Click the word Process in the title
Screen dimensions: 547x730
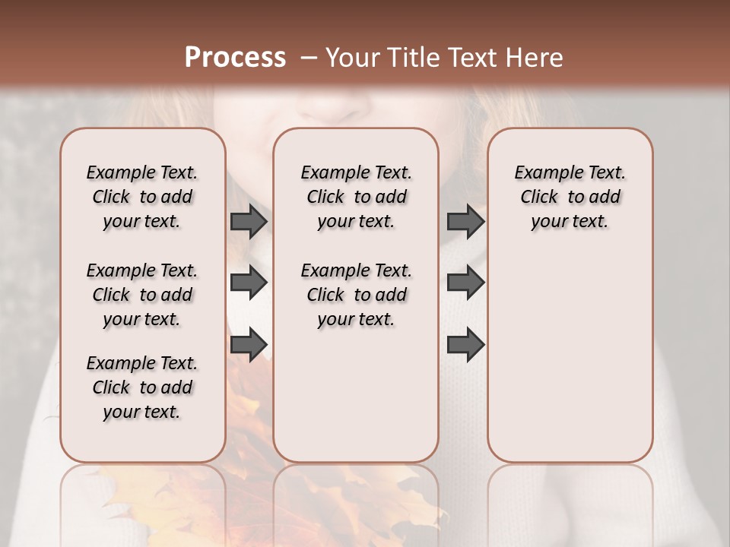pyautogui.click(x=235, y=57)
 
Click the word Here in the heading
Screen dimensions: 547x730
pyautogui.click(x=533, y=57)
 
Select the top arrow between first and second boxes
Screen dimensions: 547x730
pyautogui.click(x=249, y=221)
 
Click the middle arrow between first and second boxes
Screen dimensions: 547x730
pyautogui.click(x=249, y=283)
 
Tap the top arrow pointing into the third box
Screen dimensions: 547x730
pyautogui.click(x=465, y=221)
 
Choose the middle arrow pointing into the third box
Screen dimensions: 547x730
pyautogui.click(x=465, y=283)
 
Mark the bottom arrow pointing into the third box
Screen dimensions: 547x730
pyautogui.click(x=465, y=344)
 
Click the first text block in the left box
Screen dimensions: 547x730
pyautogui.click(x=142, y=197)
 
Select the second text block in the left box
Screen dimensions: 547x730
pyautogui.click(x=142, y=295)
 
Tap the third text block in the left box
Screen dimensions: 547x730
pyautogui.click(x=142, y=387)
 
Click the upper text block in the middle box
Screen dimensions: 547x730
pyautogui.click(x=356, y=197)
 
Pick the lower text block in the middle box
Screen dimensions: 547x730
pyautogui.click(x=356, y=295)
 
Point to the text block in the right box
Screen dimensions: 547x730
pyautogui.click(x=570, y=197)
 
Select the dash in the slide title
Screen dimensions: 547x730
pyautogui.click(x=308, y=57)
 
